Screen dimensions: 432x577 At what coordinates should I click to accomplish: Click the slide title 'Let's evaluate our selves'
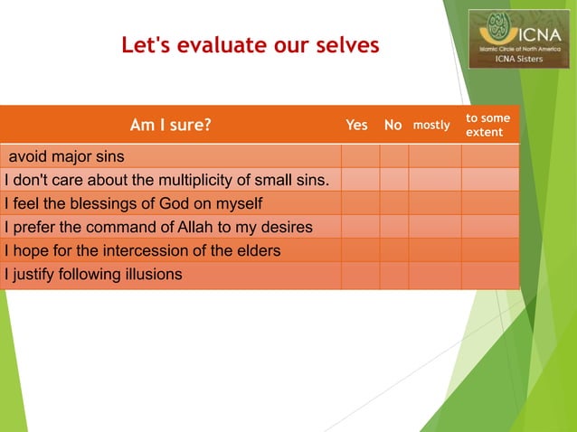click(251, 44)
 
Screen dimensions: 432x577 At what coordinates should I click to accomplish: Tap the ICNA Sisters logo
click(518, 39)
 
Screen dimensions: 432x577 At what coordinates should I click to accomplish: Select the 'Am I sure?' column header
click(170, 125)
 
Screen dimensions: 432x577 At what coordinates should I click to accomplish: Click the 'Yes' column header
click(357, 125)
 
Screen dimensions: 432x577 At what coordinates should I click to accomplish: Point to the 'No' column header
click(393, 125)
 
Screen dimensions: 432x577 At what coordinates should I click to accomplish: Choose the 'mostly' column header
click(431, 125)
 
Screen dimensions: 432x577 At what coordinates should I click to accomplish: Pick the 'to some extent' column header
click(487, 126)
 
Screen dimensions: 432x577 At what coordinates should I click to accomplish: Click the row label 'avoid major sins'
click(67, 155)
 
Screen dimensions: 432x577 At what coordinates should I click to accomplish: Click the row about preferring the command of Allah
click(158, 226)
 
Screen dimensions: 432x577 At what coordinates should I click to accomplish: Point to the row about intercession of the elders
click(142, 250)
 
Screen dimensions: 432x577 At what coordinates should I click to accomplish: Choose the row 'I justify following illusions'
click(94, 274)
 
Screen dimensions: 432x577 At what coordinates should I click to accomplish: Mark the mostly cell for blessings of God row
click(434, 202)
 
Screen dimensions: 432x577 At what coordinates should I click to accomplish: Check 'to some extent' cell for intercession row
click(489, 250)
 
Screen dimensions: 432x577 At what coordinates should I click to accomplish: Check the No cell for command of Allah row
click(393, 226)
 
